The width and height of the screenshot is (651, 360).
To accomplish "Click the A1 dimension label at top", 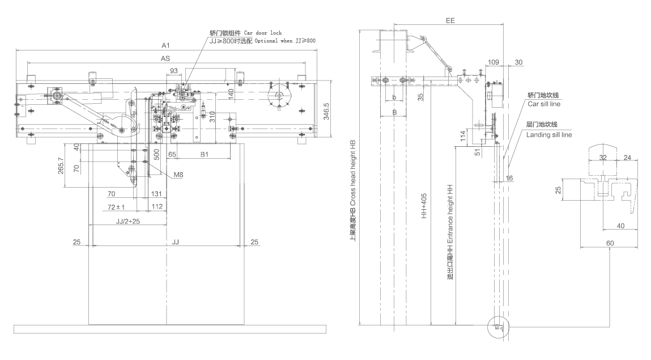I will coord(165,44).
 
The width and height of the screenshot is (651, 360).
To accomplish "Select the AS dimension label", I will coord(165,58).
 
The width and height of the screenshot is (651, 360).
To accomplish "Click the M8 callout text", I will coord(178,175).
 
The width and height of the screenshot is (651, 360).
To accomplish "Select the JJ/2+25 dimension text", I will coord(128,221).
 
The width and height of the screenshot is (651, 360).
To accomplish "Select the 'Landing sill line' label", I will coord(548,135).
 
